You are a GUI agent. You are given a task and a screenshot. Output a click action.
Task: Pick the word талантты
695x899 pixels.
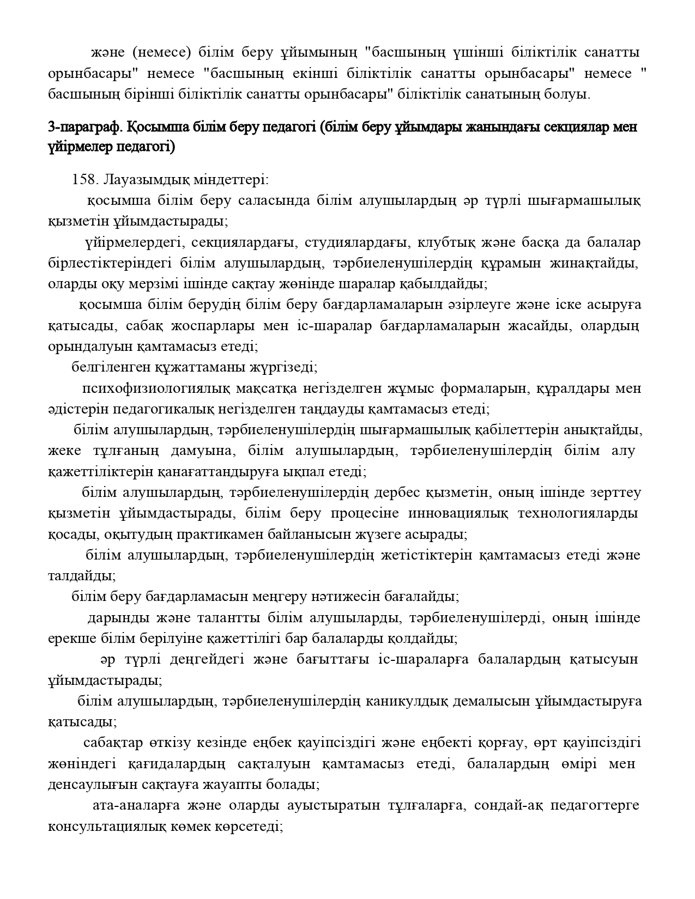[225, 618]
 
